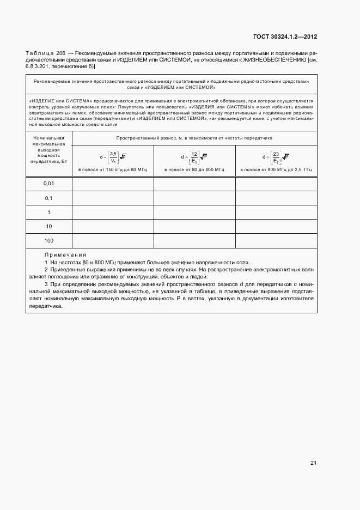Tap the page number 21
tap(313, 463)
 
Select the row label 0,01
tap(49, 184)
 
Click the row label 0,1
tap(49, 198)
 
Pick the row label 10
tap(49, 226)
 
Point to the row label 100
tap(49, 240)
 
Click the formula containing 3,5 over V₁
tap(113, 157)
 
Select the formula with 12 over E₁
tap(194, 157)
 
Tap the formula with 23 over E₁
tap(276, 157)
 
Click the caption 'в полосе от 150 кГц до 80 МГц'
tap(113, 170)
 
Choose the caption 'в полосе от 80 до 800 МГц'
tap(194, 170)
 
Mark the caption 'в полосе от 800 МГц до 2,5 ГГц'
tap(276, 170)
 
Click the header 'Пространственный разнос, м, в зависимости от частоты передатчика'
tap(194, 138)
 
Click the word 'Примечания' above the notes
tap(65, 255)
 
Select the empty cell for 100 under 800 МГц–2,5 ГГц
tap(276, 240)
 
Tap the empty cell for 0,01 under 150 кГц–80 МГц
tap(113, 184)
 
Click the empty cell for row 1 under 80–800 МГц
tap(194, 212)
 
